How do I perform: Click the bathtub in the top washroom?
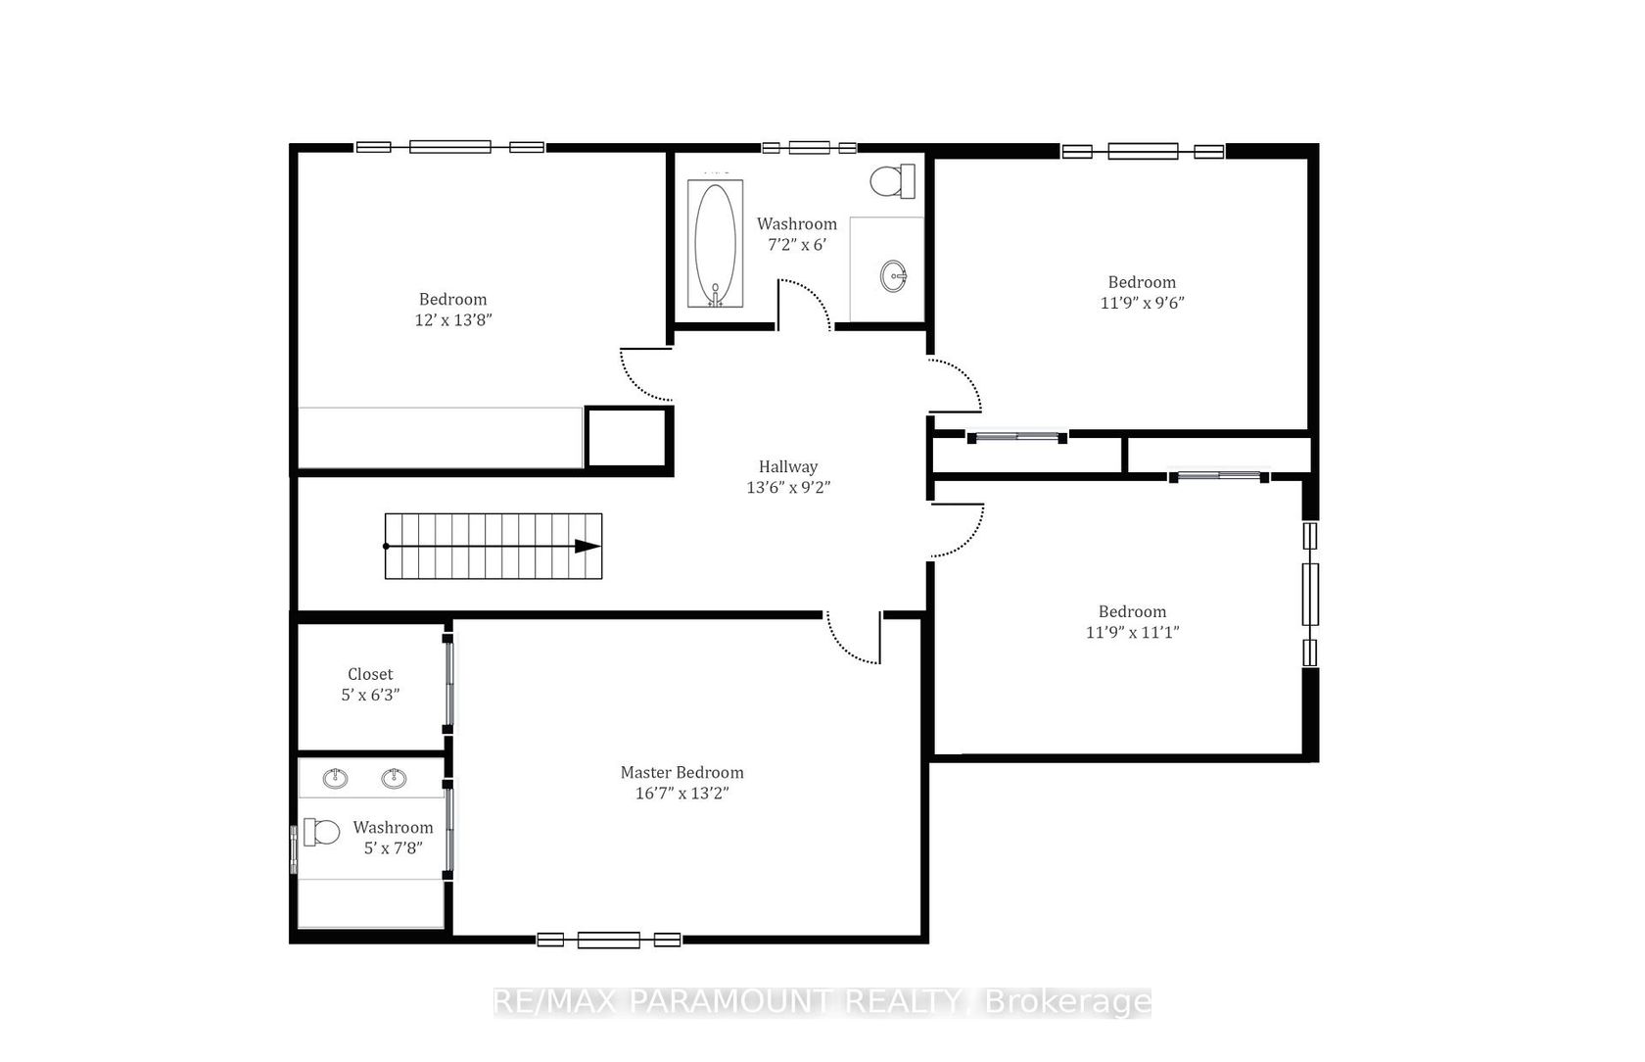715,243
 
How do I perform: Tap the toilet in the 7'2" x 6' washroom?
892,181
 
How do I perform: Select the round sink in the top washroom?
893,276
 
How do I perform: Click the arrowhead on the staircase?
587,546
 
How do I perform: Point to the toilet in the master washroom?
321,832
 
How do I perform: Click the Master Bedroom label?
682,772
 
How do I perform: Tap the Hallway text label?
788,466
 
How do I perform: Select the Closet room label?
370,674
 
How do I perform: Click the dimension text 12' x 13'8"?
453,319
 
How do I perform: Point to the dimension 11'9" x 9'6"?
1142,303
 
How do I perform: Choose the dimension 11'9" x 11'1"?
1132,632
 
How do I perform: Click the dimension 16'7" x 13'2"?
682,793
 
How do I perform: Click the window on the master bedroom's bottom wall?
609,940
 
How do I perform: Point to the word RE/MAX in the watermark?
555,1001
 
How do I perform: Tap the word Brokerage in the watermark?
1067,1002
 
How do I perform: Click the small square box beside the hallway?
629,437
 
